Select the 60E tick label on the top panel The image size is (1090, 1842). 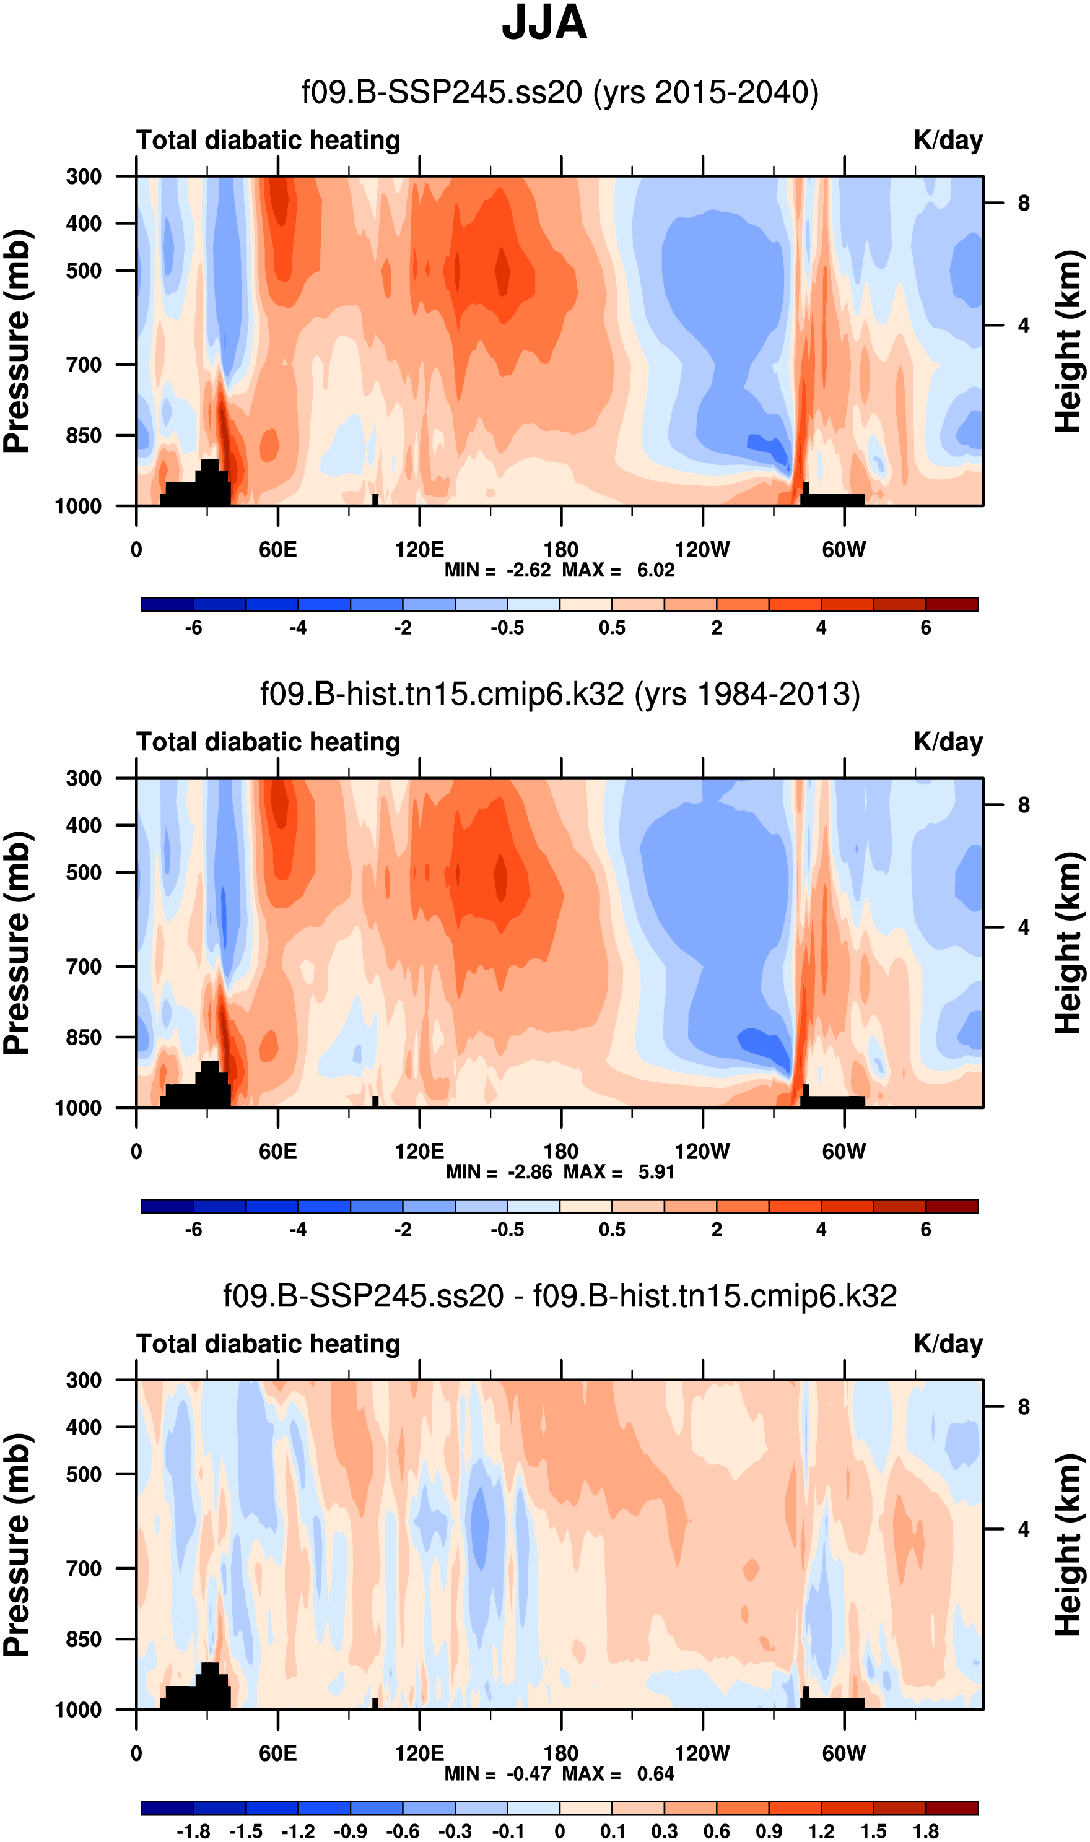(277, 550)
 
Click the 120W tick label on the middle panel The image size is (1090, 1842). (702, 1151)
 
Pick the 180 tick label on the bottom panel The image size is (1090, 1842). (561, 1753)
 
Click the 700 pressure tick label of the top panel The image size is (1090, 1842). (84, 364)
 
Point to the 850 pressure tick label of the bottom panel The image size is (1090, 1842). (84, 1639)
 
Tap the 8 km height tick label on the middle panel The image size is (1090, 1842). (1024, 806)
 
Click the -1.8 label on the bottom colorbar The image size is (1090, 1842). (193, 1831)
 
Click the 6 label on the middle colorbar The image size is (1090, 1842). (925, 1229)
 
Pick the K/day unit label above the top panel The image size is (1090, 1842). (948, 140)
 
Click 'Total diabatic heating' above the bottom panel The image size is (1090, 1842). (268, 1344)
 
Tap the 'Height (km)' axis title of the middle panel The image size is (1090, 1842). (1070, 944)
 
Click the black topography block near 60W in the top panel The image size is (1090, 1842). (834, 499)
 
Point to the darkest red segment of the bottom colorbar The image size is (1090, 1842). (952, 1807)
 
